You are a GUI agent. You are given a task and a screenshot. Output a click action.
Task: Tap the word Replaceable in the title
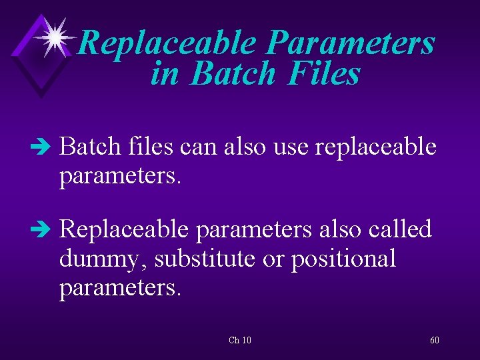pyautogui.click(x=166, y=45)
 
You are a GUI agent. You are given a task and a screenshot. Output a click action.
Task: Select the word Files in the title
pyautogui.click(x=325, y=74)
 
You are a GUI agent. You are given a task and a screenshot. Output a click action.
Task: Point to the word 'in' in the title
pyautogui.click(x=165, y=74)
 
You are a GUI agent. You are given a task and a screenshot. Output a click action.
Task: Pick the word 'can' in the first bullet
pyautogui.click(x=199, y=147)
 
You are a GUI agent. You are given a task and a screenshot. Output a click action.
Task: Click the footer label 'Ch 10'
pyautogui.click(x=240, y=340)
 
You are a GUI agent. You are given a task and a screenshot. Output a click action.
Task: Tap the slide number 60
pyautogui.click(x=434, y=340)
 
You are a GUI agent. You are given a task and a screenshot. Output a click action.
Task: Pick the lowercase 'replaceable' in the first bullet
pyautogui.click(x=375, y=147)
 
